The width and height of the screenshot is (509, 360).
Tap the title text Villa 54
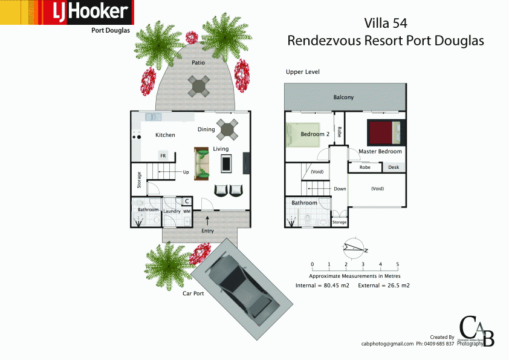pos(386,24)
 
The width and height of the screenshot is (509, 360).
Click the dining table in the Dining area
pos(227,128)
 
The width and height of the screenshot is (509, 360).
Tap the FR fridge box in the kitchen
pos(163,155)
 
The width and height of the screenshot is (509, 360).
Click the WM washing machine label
pos(187,211)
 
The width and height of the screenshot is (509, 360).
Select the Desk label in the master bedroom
pos(394,167)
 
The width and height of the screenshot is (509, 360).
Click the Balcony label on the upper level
pos(343,97)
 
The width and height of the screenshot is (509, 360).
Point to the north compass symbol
pos(354,247)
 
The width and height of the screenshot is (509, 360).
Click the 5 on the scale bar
pos(397,264)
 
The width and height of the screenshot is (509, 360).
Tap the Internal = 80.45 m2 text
pos(322,284)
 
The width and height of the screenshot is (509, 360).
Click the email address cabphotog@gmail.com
pos(387,344)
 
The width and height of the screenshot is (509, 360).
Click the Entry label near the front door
pos(207,231)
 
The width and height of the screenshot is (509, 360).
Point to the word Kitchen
pos(165,135)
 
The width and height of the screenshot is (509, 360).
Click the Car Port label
pos(193,293)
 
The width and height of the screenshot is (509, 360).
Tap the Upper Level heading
pos(302,72)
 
